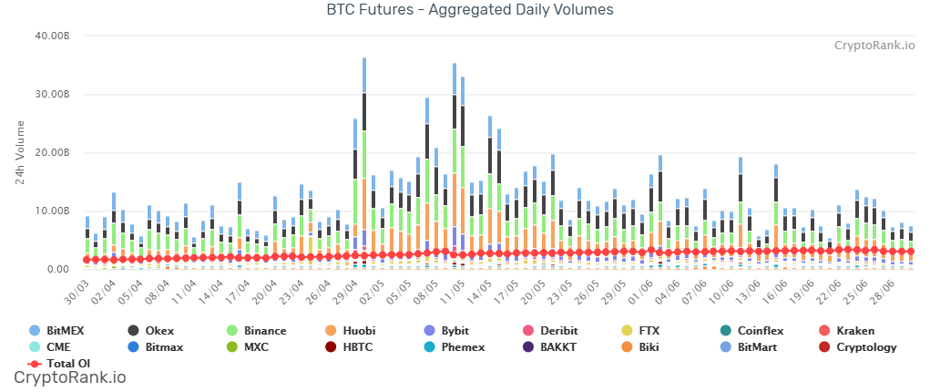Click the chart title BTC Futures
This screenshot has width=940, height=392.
pyautogui.click(x=470, y=11)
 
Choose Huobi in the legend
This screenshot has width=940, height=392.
pyautogui.click(x=367, y=330)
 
